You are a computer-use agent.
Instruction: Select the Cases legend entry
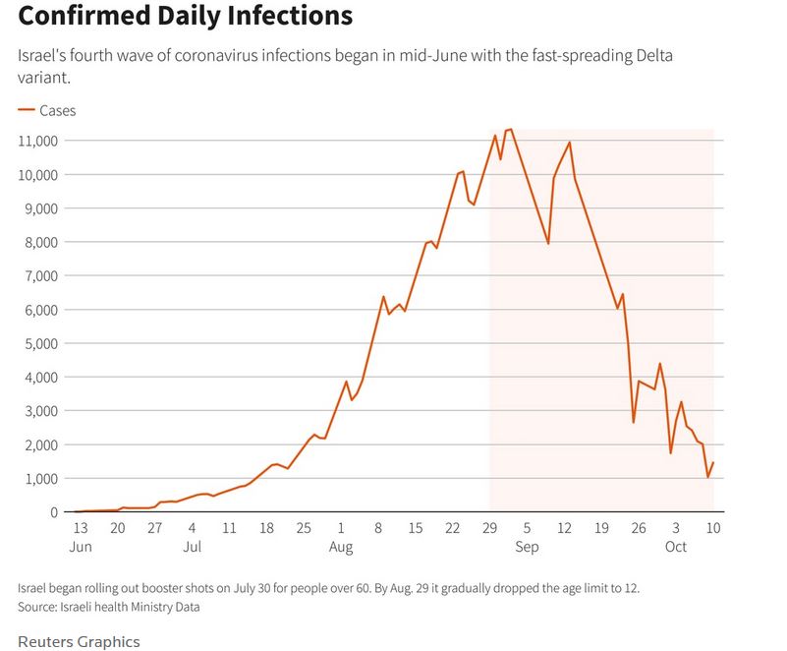(x=57, y=111)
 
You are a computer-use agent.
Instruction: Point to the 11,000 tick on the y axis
(x=38, y=142)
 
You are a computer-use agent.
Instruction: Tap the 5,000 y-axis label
(x=41, y=343)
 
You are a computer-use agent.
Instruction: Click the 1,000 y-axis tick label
(x=41, y=478)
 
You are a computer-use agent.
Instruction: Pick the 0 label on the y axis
(x=55, y=512)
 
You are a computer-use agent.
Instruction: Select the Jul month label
(x=192, y=546)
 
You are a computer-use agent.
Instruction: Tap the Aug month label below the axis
(x=341, y=546)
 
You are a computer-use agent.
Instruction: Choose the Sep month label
(x=527, y=546)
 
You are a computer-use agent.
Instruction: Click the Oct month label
(x=676, y=546)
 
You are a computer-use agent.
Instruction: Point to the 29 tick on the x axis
(x=489, y=528)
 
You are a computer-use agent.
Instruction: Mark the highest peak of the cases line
(x=510, y=130)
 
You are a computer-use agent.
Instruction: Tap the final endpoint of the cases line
(x=713, y=463)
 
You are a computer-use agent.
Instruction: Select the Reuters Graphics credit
(x=79, y=641)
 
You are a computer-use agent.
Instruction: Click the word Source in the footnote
(x=39, y=607)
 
